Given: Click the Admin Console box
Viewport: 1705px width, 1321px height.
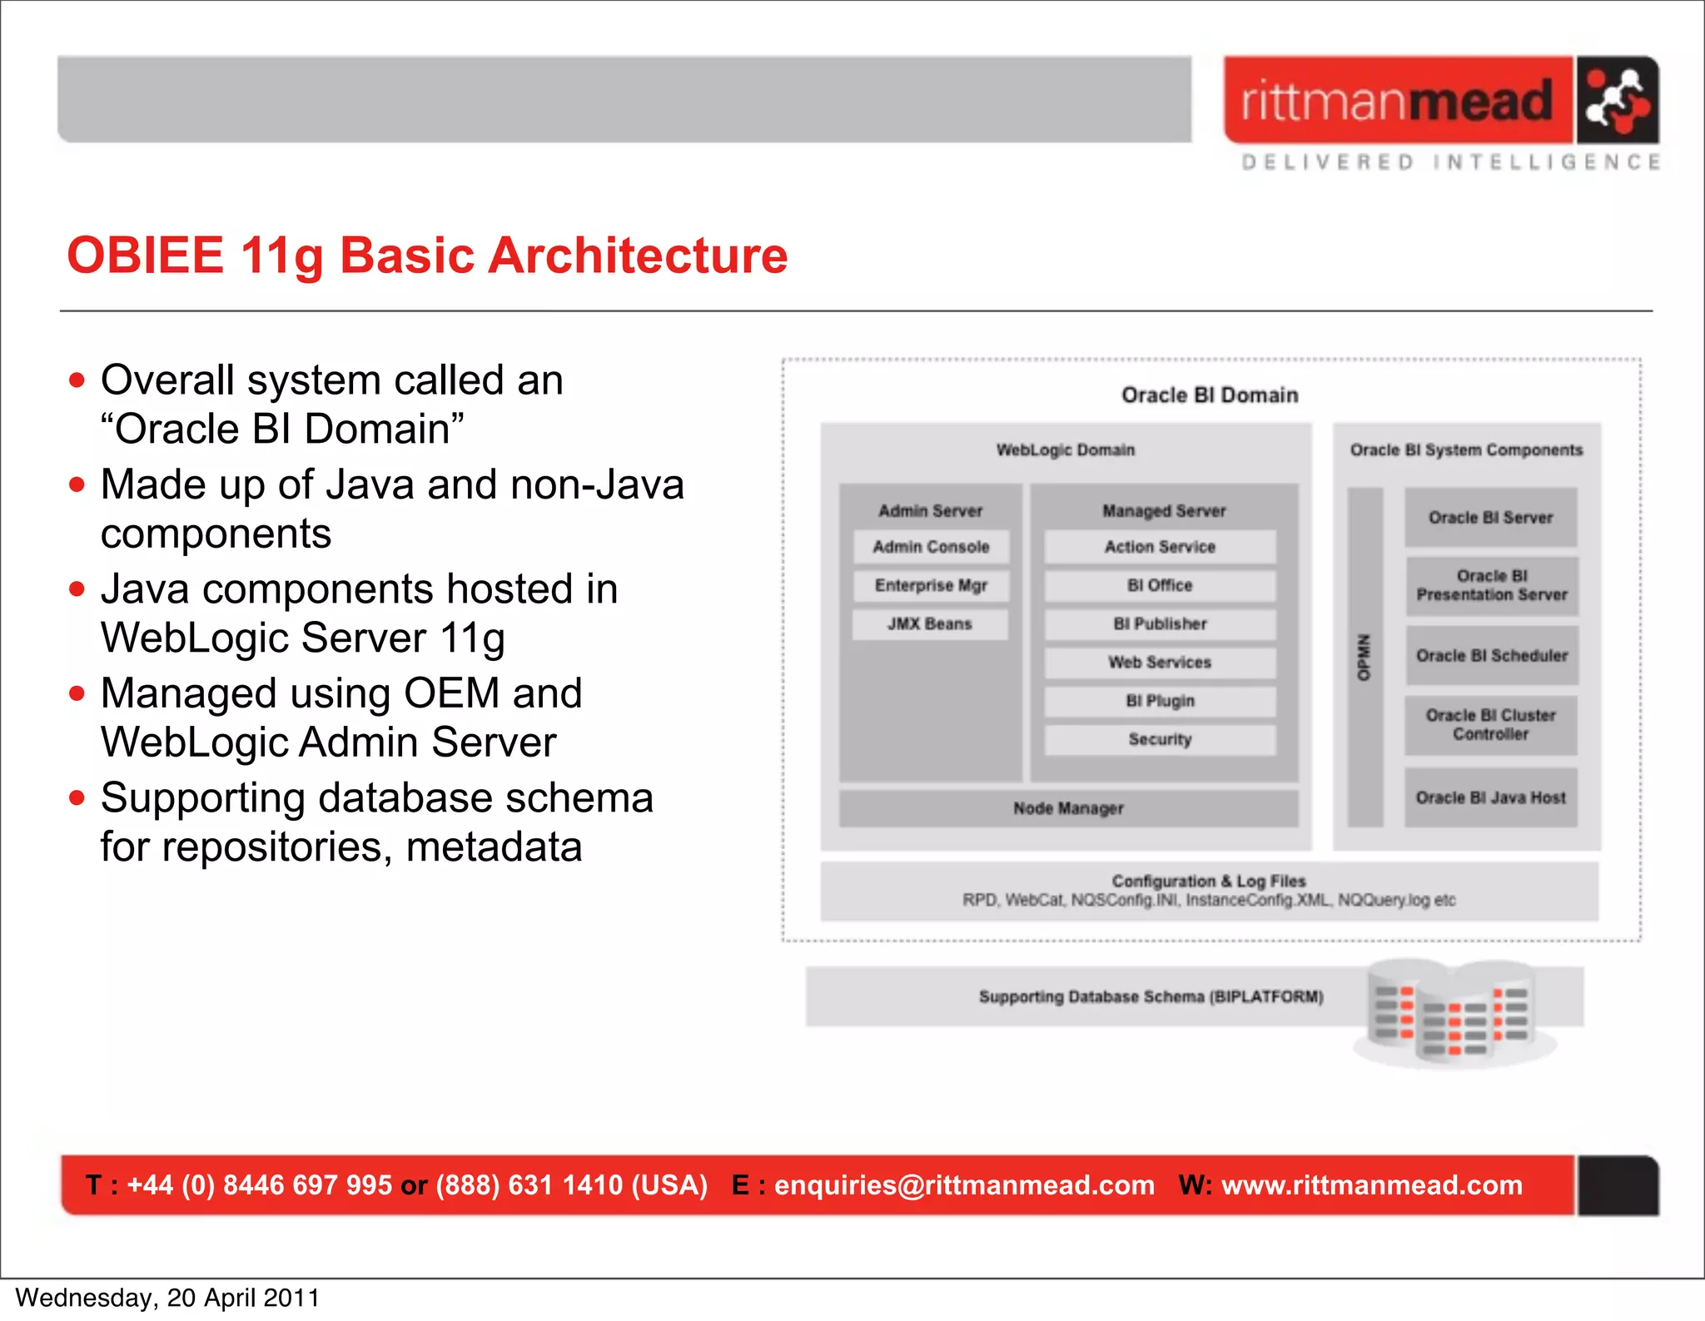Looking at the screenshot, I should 931,547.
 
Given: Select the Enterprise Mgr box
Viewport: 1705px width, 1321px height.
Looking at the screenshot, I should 931,585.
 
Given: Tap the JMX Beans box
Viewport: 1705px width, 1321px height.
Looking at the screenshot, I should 930,623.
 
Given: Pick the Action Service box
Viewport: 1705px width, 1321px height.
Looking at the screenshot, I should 1160,547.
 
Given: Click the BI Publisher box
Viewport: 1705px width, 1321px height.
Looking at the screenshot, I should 1160,623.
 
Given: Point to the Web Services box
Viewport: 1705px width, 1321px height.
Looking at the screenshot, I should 1160,663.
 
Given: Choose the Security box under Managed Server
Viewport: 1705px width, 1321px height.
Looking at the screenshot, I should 1160,739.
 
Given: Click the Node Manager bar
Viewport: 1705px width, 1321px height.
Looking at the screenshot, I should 1068,808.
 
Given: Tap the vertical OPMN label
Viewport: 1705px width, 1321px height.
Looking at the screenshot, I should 1364,658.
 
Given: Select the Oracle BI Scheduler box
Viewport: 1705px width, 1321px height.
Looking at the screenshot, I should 1491,656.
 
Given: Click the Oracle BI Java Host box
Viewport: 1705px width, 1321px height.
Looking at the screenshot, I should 1491,797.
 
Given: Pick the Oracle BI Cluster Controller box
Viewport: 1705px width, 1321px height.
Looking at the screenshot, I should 1491,725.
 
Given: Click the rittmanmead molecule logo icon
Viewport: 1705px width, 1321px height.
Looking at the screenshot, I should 1616,101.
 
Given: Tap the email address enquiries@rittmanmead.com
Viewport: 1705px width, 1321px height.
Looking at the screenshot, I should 964,1185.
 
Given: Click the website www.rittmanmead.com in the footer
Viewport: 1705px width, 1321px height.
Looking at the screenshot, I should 1371,1185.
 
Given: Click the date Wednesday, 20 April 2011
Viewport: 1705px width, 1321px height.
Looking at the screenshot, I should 167,1298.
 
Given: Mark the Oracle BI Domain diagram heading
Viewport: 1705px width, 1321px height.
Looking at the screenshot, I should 1210,395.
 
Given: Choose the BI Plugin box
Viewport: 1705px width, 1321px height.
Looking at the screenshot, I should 1160,701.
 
